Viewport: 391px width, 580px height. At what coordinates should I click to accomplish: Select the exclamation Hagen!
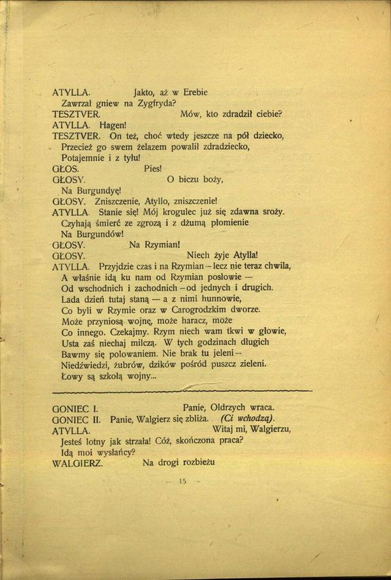116,125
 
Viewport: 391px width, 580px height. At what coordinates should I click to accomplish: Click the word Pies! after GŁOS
153,169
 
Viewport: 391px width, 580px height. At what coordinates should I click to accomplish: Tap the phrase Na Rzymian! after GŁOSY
155,245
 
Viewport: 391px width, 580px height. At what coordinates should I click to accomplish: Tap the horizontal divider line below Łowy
182,390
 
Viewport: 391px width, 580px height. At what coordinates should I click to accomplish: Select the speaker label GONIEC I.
75,407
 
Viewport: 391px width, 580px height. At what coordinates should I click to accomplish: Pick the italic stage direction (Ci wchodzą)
247,419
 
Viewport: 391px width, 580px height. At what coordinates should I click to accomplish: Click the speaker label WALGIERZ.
77,464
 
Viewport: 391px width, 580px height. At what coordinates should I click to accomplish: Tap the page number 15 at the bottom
183,481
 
